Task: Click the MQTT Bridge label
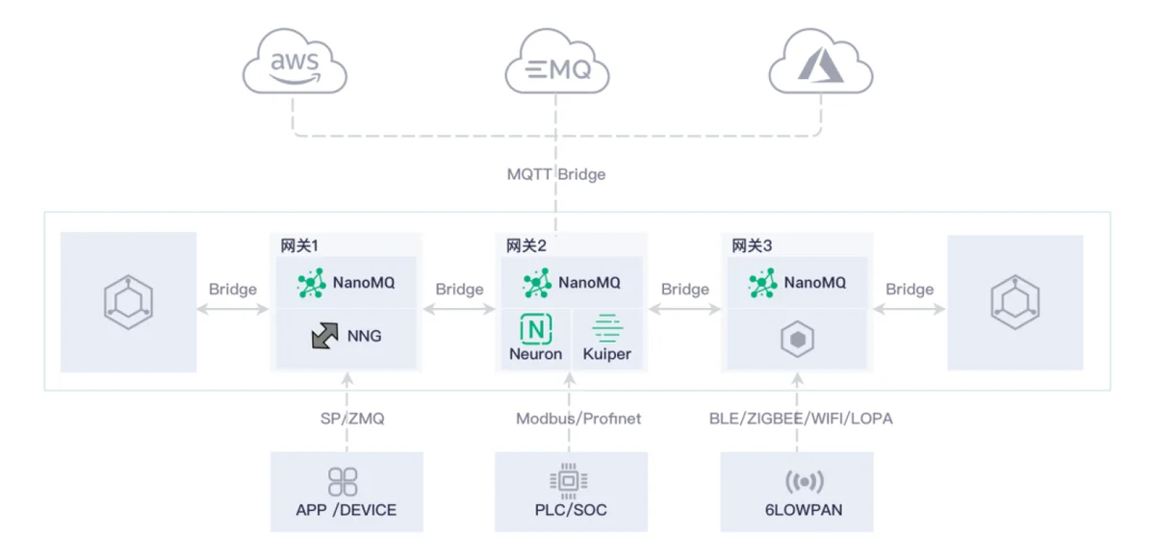(x=556, y=174)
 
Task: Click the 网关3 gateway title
(x=752, y=246)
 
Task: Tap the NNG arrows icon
(x=324, y=336)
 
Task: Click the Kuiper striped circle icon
(x=607, y=329)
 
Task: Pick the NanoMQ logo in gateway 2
(x=537, y=283)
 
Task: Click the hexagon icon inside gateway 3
(x=798, y=339)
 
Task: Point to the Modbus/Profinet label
(x=578, y=419)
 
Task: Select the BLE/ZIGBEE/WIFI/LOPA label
(x=801, y=419)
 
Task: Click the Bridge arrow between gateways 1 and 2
(x=459, y=309)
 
